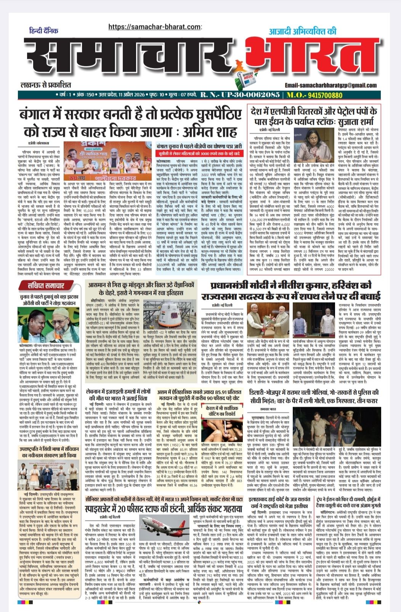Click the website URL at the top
coord(154,27)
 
